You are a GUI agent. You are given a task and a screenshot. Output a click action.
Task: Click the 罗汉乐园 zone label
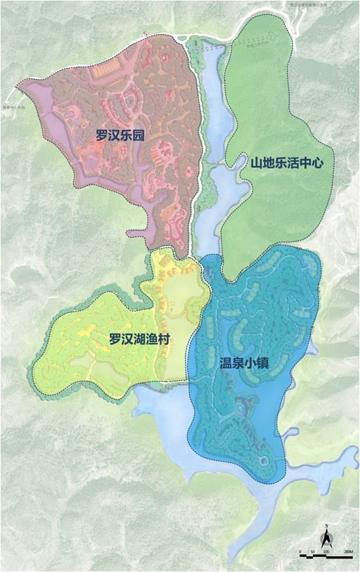[119, 135]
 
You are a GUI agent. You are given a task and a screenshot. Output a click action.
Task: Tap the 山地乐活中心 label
[287, 163]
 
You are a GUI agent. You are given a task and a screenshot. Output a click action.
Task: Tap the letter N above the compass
[326, 526]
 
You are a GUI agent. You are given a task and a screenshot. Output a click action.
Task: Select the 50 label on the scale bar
[312, 550]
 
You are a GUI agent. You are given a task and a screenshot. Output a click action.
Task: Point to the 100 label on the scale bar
[325, 550]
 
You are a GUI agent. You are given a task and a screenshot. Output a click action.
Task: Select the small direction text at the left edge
[13, 107]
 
